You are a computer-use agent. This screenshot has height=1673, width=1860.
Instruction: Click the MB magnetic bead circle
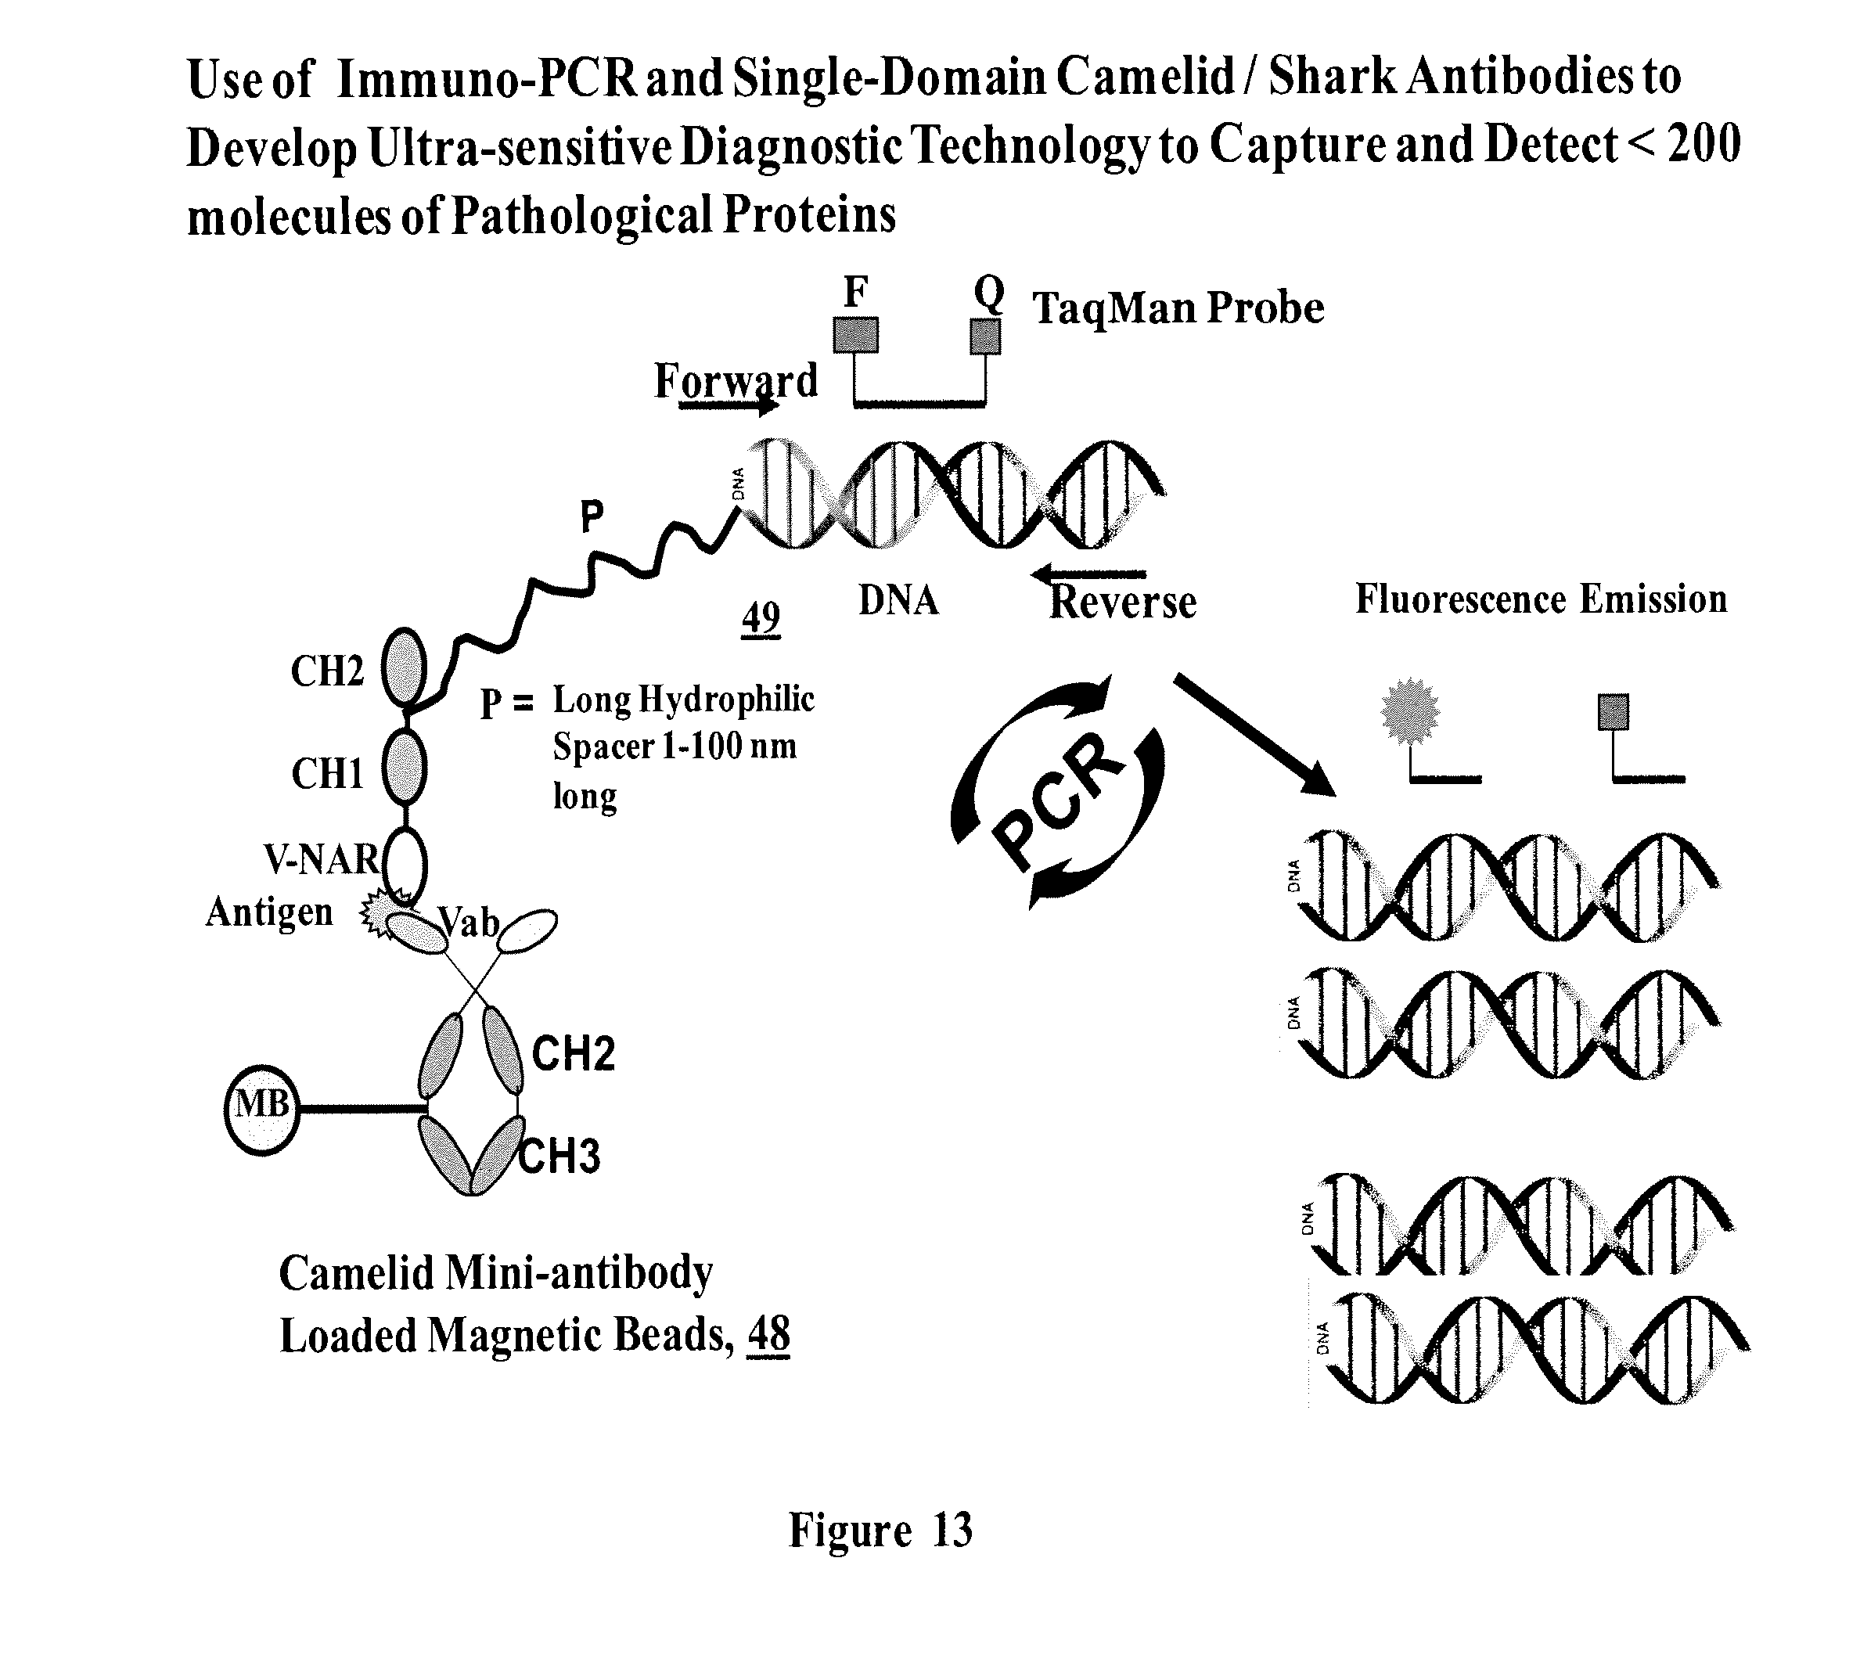(262, 1110)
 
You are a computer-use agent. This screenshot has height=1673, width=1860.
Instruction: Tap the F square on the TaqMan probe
(854, 335)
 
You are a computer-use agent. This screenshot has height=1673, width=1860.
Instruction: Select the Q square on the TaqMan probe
(985, 336)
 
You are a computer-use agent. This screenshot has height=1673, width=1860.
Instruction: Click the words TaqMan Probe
(1178, 308)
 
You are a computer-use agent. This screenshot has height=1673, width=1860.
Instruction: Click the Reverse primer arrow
(1089, 575)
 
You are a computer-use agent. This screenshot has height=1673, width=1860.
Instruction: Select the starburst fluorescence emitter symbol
(1410, 711)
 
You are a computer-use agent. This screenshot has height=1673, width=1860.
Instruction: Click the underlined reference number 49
(761, 617)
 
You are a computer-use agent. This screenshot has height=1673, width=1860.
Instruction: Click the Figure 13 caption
(880, 1531)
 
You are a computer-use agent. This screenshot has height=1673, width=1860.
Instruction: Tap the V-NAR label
(322, 859)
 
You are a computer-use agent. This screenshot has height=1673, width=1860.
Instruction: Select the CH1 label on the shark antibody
(327, 774)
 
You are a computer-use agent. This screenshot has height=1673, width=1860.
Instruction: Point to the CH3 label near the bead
(559, 1157)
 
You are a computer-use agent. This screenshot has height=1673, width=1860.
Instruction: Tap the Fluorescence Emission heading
(1541, 599)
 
